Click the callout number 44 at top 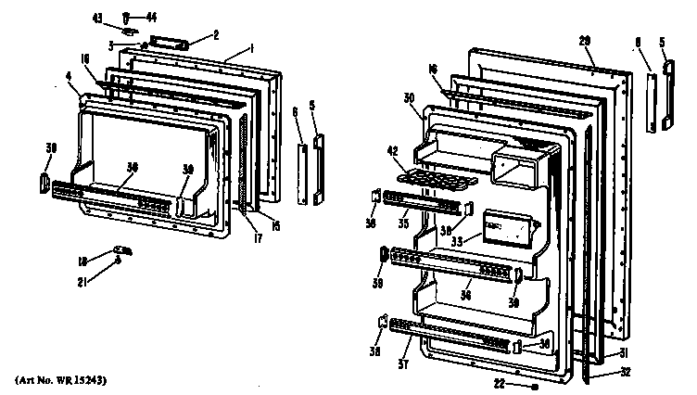[153, 17]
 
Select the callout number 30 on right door [408, 99]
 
